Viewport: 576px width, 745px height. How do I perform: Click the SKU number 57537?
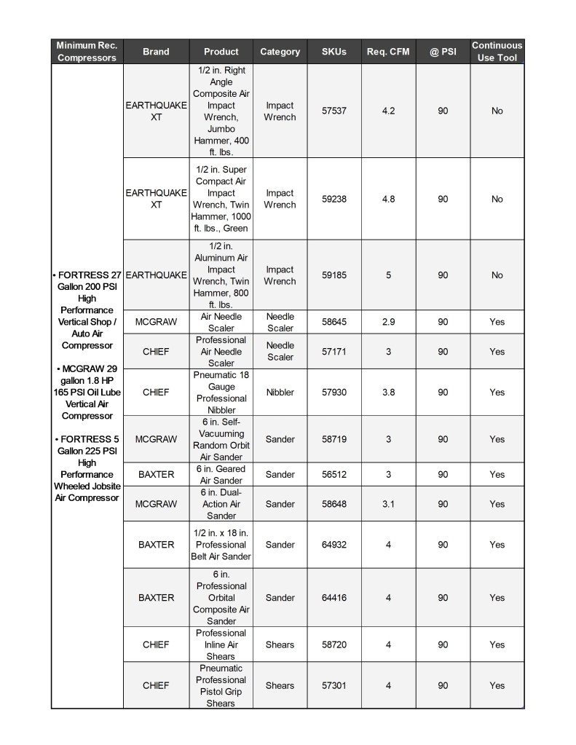tap(334, 111)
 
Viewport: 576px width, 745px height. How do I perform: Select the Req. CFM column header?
tap(388, 52)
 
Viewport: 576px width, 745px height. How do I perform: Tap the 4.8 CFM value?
tap(388, 199)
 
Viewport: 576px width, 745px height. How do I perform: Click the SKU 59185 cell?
tap(334, 275)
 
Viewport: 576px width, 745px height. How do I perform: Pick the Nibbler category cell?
tap(280, 393)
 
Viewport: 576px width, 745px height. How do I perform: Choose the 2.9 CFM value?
tap(388, 322)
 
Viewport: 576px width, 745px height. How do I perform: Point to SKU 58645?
tap(334, 322)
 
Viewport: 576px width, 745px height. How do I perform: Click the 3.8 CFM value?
tap(388, 393)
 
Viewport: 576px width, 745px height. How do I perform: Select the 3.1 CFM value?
tap(388, 504)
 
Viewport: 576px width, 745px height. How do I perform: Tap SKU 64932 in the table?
tap(334, 545)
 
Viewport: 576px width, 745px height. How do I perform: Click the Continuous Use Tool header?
tap(497, 51)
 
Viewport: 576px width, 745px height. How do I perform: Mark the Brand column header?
tap(156, 52)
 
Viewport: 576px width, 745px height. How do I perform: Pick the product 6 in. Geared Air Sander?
tap(221, 475)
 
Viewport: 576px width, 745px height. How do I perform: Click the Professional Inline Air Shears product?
tap(221, 645)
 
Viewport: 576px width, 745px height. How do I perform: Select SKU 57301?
tap(334, 685)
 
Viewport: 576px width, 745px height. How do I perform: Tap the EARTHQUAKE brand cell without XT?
tap(156, 275)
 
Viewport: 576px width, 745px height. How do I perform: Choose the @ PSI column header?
tap(443, 52)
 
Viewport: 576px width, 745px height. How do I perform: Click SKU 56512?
tap(334, 475)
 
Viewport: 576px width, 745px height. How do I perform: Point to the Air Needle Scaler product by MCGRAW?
tap(221, 322)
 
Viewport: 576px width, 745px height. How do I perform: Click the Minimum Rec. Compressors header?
tap(87, 51)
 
